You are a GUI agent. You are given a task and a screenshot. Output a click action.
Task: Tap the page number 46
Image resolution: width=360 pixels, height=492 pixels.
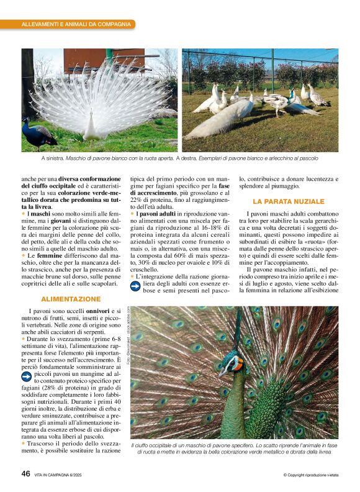26,473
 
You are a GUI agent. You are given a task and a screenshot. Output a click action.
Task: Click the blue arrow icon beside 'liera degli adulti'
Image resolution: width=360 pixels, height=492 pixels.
136,286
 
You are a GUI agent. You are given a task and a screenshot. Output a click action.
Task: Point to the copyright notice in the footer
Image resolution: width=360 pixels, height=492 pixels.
310,475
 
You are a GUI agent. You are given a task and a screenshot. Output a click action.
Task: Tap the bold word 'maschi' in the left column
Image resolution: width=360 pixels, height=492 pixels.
40,214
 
